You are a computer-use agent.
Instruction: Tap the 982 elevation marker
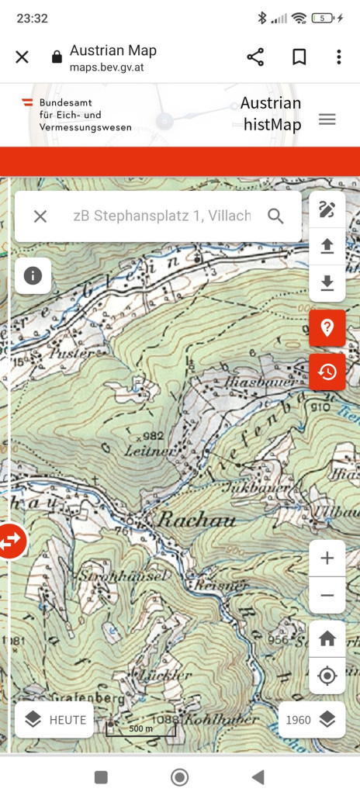point(151,435)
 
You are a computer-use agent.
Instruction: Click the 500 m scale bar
point(140,728)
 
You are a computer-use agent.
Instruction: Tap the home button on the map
point(327,638)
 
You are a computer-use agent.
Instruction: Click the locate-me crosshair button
point(327,676)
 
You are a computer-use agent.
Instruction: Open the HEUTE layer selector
point(54,720)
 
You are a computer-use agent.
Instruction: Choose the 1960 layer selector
point(310,720)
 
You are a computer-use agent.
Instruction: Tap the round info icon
point(33,276)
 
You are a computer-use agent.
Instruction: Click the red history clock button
point(327,372)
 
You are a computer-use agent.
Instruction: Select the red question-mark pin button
point(327,327)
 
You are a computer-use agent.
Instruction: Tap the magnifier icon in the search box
point(275,216)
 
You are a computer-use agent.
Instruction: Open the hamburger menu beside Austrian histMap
point(327,119)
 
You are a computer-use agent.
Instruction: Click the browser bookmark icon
point(299,57)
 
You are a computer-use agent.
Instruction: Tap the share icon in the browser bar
point(255,57)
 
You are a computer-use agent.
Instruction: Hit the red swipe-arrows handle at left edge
point(12,541)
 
